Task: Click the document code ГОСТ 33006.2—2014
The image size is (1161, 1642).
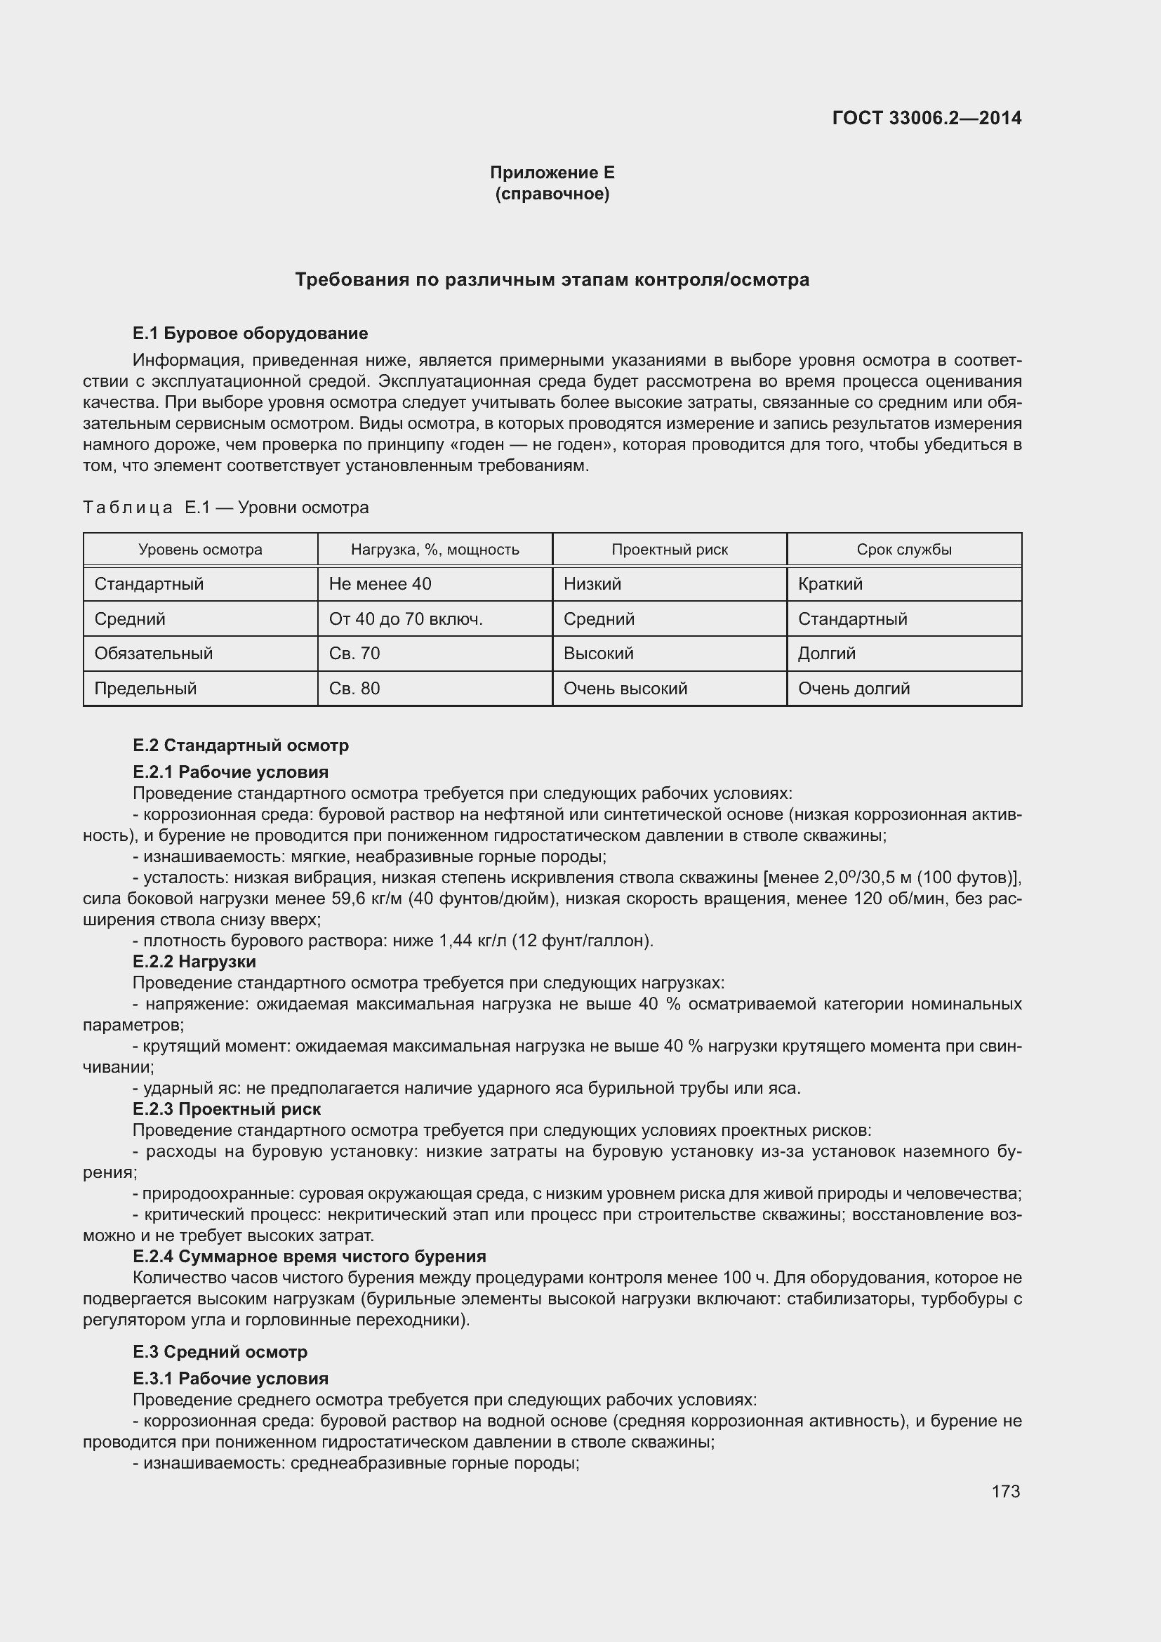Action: tap(927, 118)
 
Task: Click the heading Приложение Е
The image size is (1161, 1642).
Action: tap(552, 173)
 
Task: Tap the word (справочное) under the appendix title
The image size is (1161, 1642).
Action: tap(552, 194)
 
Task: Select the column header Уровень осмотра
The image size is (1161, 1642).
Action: tap(200, 549)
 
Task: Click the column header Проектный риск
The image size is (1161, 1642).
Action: tap(669, 549)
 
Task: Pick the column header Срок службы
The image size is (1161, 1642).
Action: tap(903, 549)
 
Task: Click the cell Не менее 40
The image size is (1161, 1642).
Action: tap(380, 583)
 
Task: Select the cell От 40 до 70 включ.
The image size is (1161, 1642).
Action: tap(405, 618)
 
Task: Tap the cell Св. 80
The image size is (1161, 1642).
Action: tap(354, 688)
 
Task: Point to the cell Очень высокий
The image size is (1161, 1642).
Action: tap(625, 688)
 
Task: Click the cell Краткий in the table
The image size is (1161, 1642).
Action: tap(830, 583)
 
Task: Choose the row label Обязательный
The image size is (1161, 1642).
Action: tap(153, 653)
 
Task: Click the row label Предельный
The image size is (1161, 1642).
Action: tap(145, 688)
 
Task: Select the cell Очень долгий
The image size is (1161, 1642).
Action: tap(854, 688)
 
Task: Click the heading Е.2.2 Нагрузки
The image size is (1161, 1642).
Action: tap(194, 961)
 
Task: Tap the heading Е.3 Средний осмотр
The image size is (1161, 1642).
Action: tap(220, 1351)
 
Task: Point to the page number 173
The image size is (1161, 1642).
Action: tap(1005, 1491)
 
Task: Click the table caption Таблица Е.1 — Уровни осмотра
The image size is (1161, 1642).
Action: tap(226, 507)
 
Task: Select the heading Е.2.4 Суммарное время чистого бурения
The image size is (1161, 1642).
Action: tap(309, 1256)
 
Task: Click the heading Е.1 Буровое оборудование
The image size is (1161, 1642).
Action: tap(250, 333)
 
